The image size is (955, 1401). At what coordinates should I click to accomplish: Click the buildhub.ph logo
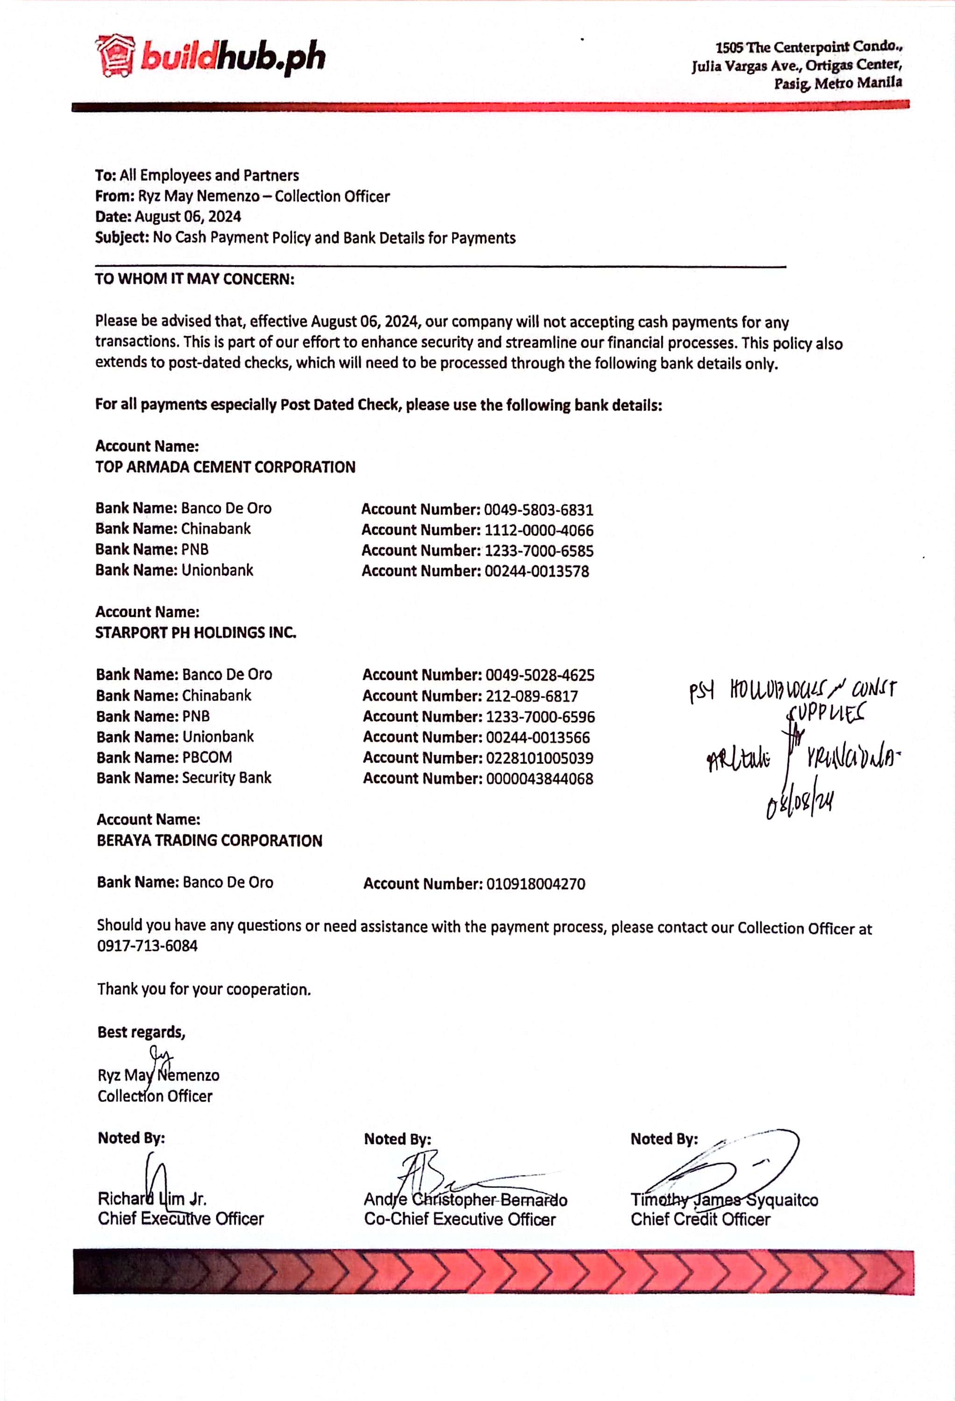210,57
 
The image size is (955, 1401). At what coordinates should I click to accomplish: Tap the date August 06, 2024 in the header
188,216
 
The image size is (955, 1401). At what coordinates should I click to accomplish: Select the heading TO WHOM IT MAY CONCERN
195,279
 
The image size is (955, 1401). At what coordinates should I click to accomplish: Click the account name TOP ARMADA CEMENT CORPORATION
226,467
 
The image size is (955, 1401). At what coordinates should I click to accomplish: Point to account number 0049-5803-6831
538,510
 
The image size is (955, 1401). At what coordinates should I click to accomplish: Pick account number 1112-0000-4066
539,531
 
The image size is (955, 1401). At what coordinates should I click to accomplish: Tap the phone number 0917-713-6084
148,946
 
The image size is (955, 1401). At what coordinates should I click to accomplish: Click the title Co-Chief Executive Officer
460,1219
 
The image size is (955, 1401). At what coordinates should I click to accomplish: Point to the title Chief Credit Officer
700,1219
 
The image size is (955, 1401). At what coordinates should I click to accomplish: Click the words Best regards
141,1032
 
